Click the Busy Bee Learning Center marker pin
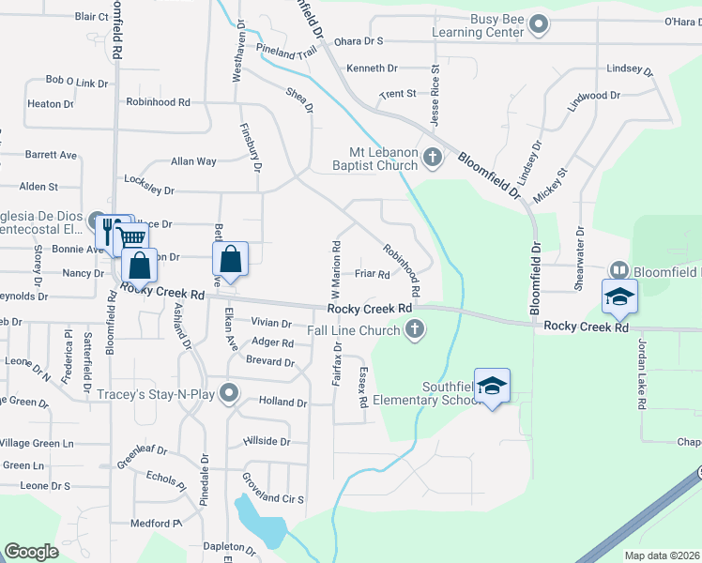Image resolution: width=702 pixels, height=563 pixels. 539,25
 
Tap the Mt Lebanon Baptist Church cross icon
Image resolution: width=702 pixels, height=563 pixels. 433,157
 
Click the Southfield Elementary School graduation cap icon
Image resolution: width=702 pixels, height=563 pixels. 492,385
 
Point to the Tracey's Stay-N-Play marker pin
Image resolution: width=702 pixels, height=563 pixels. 228,393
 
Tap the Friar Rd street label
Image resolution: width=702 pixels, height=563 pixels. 373,275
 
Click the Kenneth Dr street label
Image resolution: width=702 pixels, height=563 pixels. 372,68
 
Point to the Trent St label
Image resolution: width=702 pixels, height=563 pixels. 397,94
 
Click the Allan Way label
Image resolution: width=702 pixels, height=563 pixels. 193,161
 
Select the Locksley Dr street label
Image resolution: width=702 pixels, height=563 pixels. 149,190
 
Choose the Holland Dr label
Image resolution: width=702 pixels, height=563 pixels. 282,402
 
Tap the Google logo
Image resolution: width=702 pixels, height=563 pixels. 31,552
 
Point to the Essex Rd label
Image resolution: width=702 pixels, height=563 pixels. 362,387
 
